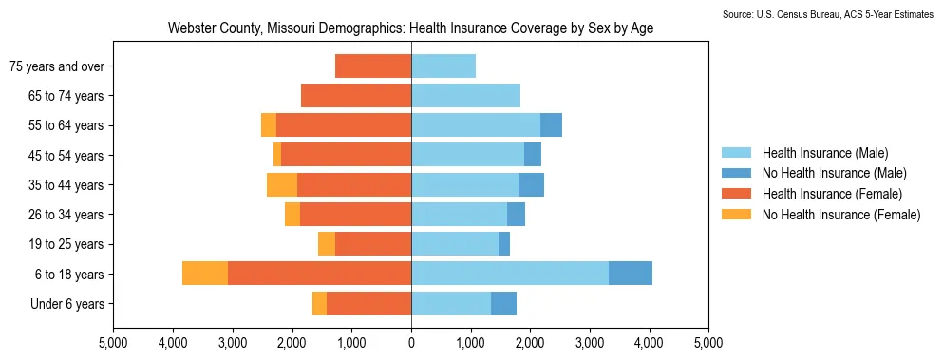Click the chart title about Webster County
411,28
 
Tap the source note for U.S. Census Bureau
832,14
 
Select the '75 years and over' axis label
57,66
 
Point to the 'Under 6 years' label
67,304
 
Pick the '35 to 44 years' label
66,185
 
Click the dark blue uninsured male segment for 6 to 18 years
631,274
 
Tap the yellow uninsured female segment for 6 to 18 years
205,274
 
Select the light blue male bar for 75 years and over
443,66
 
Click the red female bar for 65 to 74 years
356,95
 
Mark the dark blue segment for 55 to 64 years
551,125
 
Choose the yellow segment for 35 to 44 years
282,184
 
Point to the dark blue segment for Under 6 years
503,303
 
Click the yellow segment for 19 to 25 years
327,244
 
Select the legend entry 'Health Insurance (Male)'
825,152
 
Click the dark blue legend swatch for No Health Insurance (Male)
736,174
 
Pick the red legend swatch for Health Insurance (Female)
736,194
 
